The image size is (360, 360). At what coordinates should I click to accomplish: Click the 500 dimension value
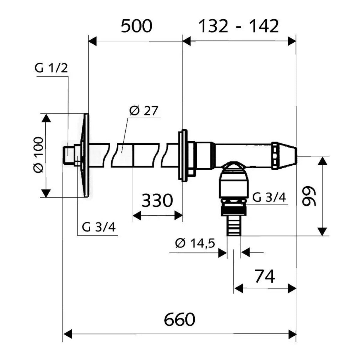pyautogui.click(x=136, y=26)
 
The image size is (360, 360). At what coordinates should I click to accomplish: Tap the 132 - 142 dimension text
pyautogui.click(x=238, y=26)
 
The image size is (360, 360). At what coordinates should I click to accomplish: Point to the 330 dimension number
pyautogui.click(x=157, y=201)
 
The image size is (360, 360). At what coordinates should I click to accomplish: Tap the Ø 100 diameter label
pyautogui.click(x=39, y=155)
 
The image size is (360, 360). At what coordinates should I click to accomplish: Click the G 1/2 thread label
pyautogui.click(x=51, y=69)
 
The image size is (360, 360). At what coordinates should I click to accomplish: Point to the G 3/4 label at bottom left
pyautogui.click(x=99, y=227)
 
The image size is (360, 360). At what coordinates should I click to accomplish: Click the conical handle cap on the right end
pyautogui.click(x=284, y=156)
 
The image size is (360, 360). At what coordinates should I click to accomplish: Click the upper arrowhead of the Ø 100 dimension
pyautogui.click(x=46, y=118)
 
